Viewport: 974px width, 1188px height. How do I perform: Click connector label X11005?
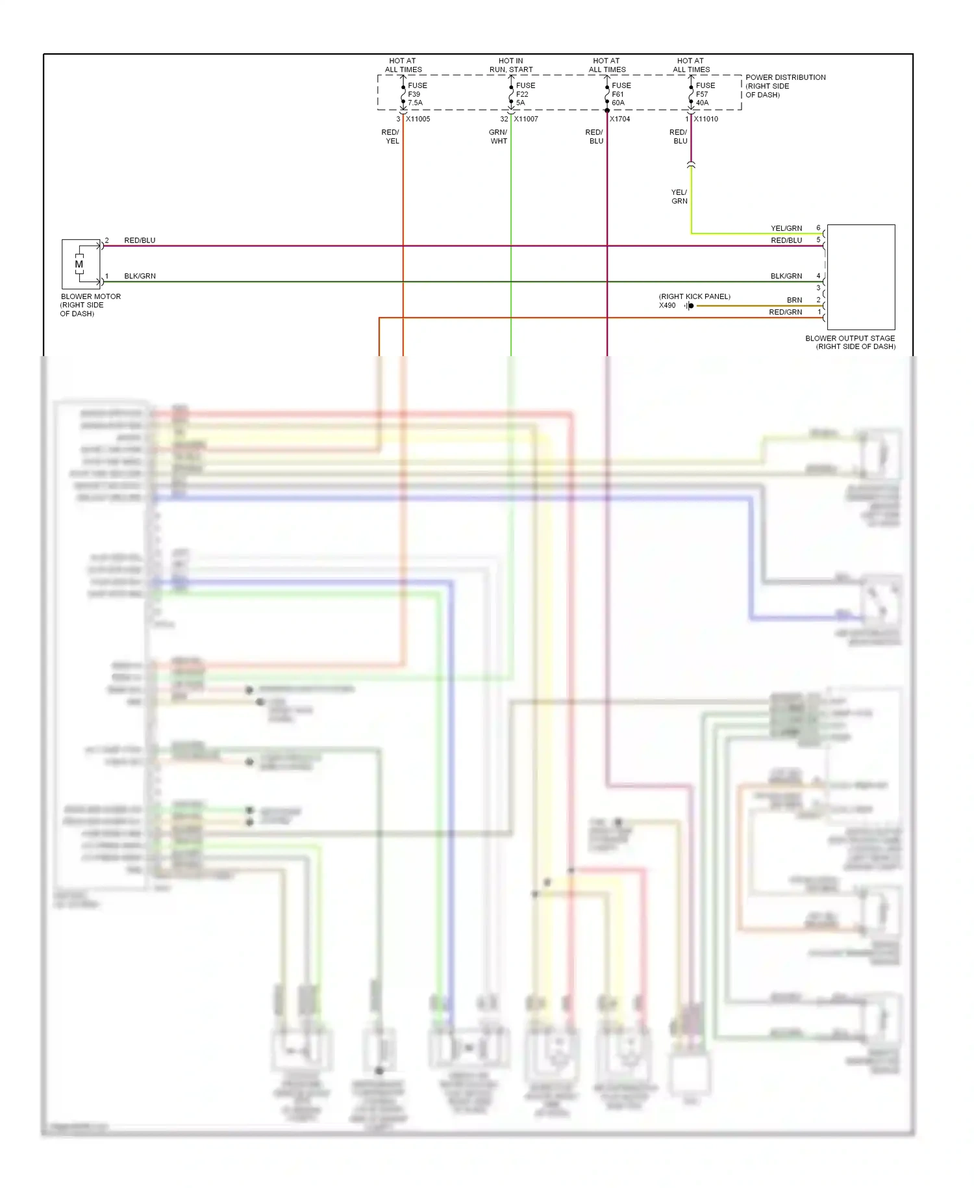click(x=418, y=119)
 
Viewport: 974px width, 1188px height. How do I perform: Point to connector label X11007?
click(x=525, y=119)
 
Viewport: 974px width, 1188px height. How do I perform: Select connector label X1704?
click(x=619, y=119)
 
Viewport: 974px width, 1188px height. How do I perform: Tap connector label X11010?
click(x=705, y=119)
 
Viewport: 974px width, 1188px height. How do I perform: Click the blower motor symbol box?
click(x=81, y=264)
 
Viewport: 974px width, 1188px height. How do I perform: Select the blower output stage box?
click(x=860, y=277)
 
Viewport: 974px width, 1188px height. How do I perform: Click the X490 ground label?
click(x=667, y=305)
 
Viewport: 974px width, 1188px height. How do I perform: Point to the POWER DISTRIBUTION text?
click(x=785, y=77)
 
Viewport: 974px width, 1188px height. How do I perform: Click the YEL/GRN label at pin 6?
click(x=786, y=228)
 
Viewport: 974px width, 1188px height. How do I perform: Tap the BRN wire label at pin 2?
click(x=794, y=300)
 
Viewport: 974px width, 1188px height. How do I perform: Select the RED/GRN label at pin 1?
click(x=785, y=313)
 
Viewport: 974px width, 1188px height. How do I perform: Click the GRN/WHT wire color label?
click(x=498, y=136)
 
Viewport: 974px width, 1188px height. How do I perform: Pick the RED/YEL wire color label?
click(x=390, y=136)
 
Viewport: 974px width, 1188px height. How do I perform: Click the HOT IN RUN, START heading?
click(x=511, y=65)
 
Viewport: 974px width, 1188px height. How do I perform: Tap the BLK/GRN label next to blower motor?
click(x=140, y=276)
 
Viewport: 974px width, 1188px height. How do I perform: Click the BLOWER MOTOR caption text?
click(x=90, y=296)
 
